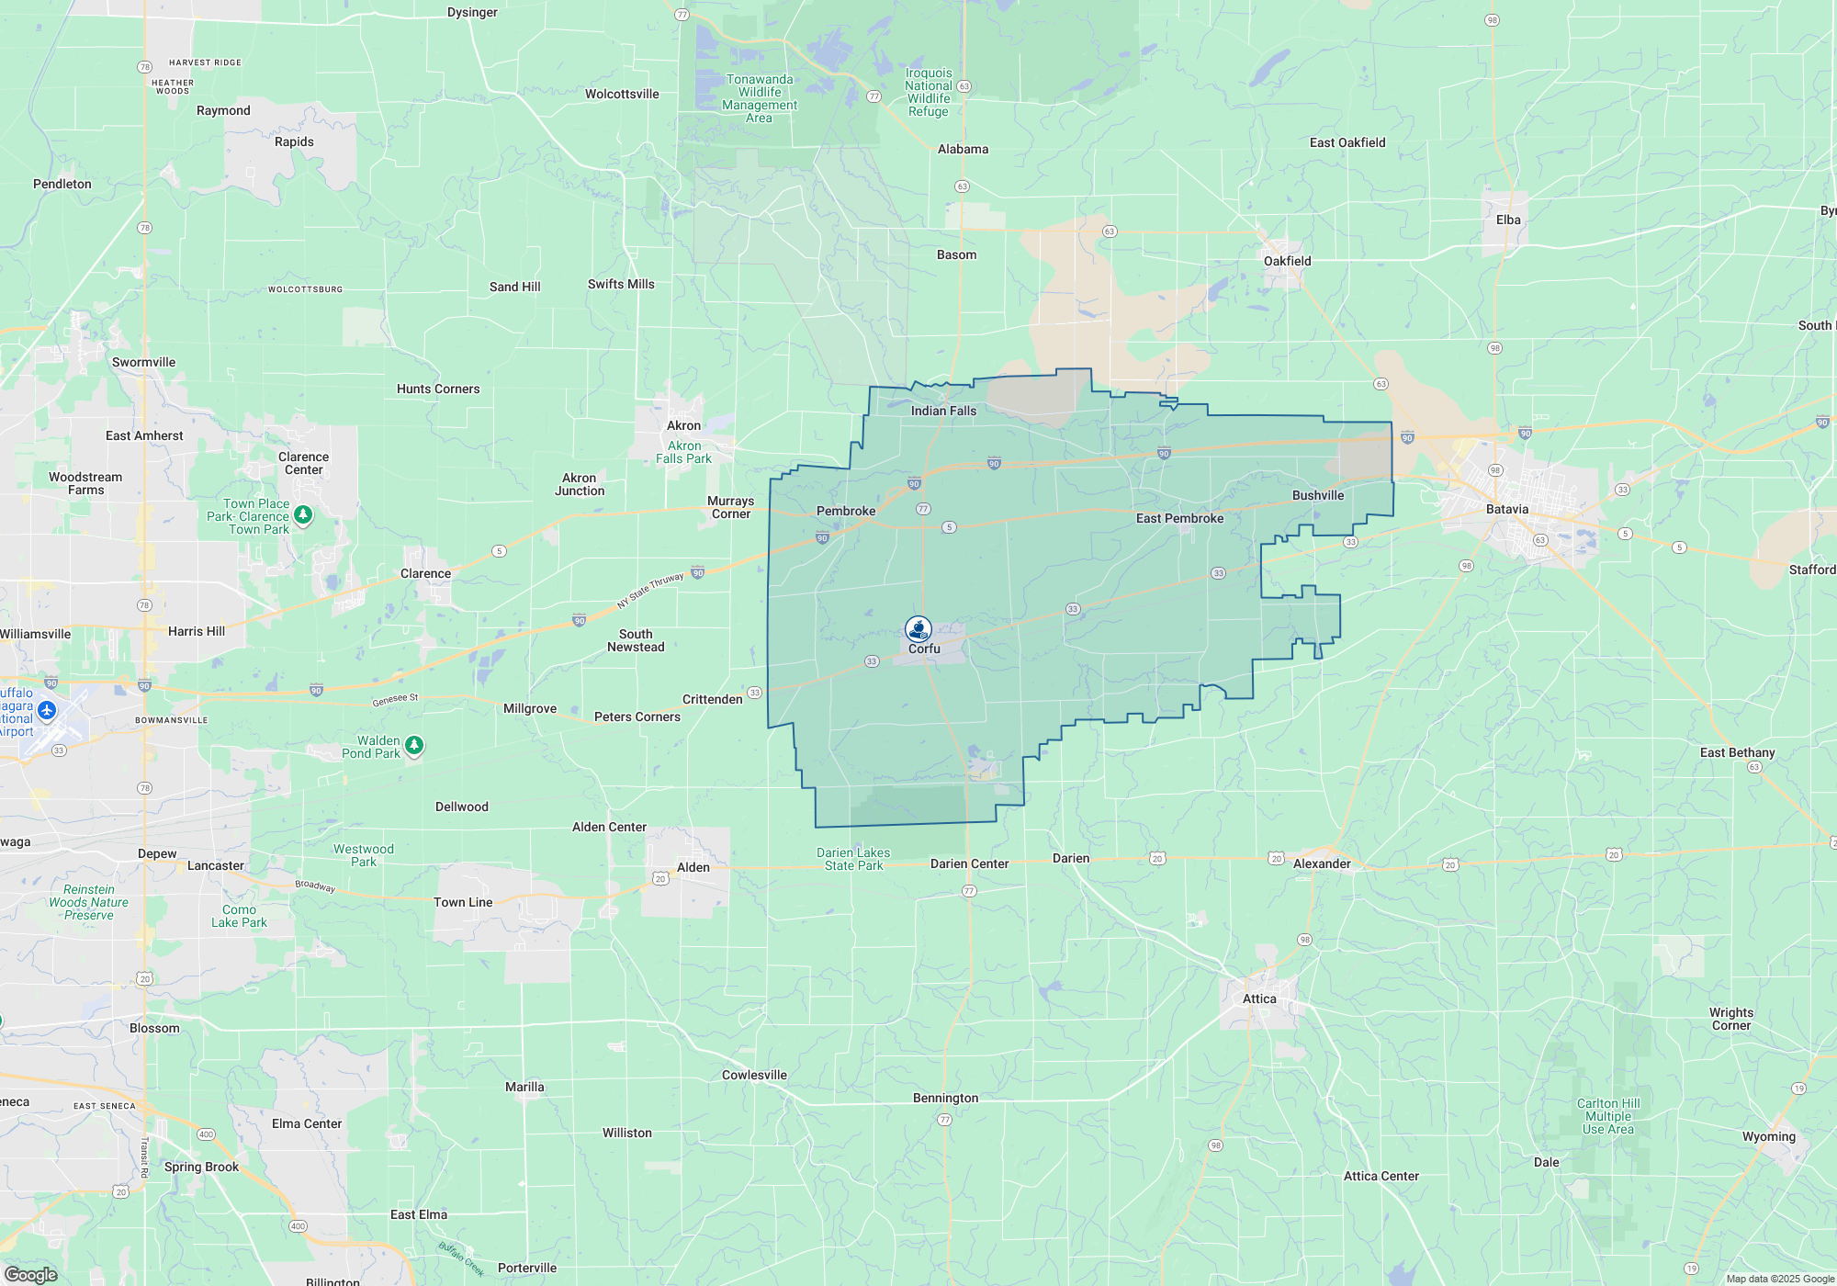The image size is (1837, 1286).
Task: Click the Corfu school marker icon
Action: [918, 629]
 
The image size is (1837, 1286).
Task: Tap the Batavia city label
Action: [1507, 509]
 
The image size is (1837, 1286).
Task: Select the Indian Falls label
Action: [943, 411]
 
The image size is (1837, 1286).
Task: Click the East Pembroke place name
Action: [1179, 518]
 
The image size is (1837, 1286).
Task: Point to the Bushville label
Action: [1318, 495]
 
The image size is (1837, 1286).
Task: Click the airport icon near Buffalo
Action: [48, 710]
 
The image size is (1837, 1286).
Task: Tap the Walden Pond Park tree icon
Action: [414, 745]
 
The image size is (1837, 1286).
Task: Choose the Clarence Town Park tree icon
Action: [303, 515]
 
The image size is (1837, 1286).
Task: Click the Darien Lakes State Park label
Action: [853, 859]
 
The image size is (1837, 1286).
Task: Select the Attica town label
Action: [1259, 998]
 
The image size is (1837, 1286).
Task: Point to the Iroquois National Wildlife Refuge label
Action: [929, 92]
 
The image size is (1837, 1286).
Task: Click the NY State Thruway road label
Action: [650, 591]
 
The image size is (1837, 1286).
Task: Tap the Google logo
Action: [31, 1274]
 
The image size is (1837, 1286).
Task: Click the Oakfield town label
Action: [1287, 261]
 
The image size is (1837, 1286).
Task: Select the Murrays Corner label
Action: [730, 507]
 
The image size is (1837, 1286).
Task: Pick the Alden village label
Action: [693, 867]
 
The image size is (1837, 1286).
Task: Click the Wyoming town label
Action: [1768, 1136]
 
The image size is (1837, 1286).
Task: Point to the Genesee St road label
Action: [395, 700]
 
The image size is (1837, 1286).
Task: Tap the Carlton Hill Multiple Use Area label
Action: [1608, 1116]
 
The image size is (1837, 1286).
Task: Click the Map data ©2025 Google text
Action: [1779, 1279]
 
